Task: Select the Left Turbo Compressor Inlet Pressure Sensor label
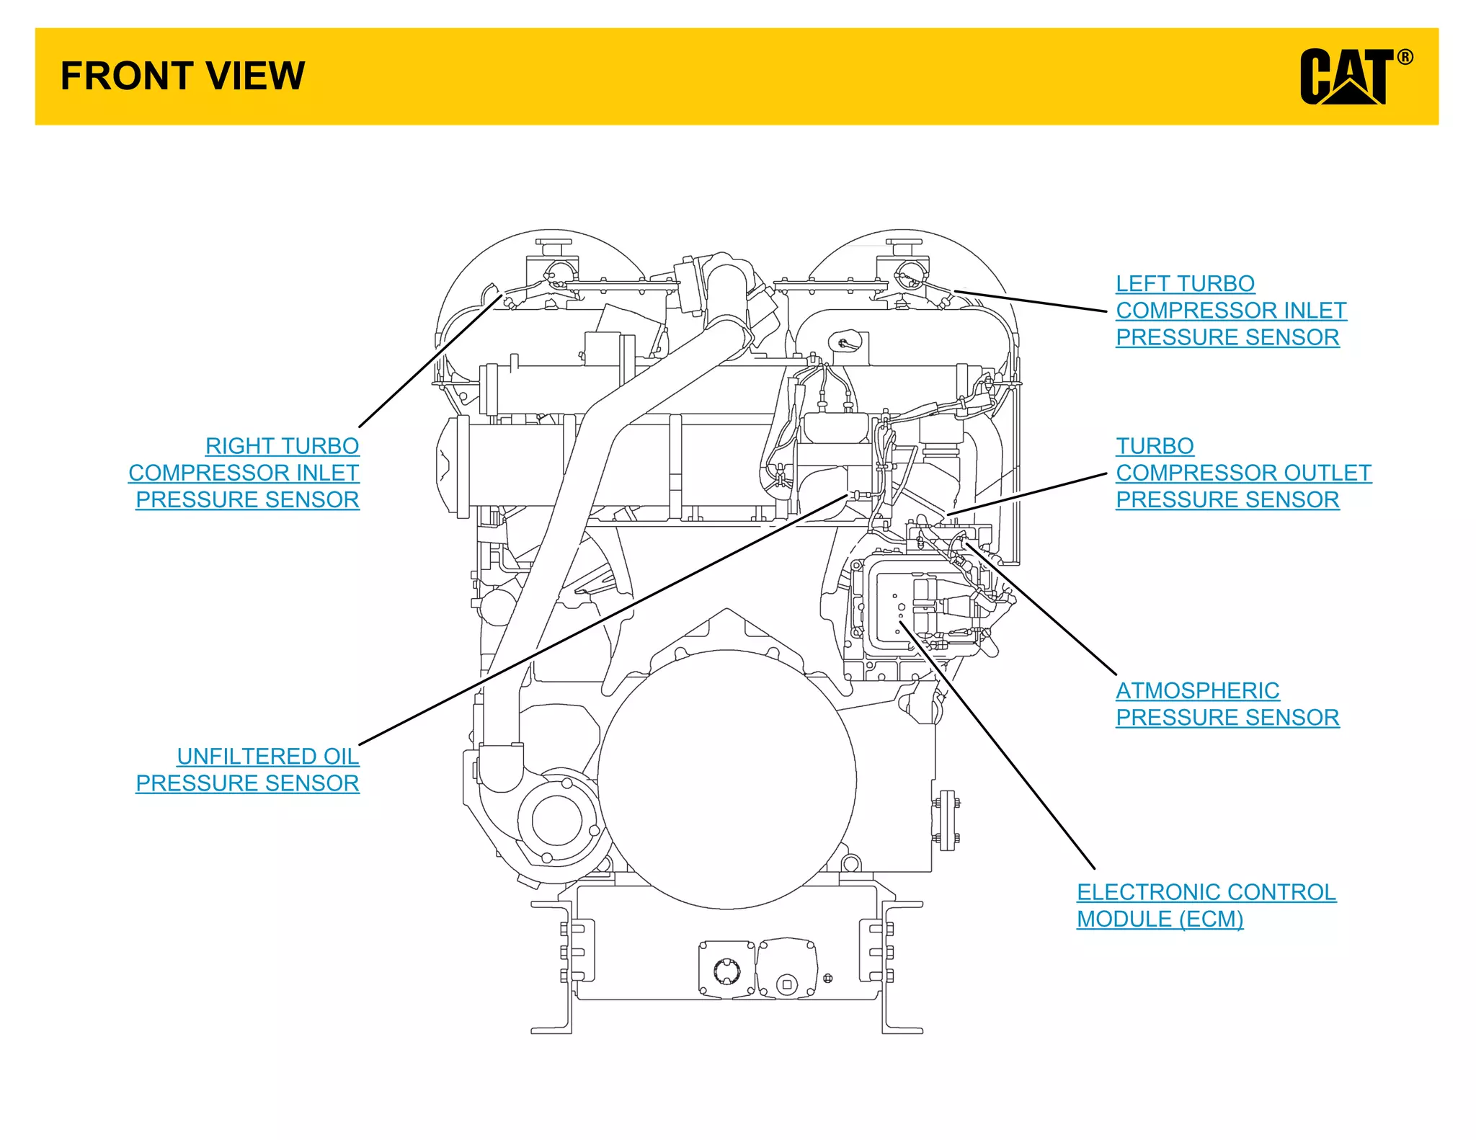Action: click(x=1230, y=311)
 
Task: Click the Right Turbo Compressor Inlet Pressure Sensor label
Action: click(x=245, y=473)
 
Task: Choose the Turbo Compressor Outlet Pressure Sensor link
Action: click(x=1242, y=473)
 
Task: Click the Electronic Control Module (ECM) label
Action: click(x=1205, y=906)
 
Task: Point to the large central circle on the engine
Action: click(x=726, y=780)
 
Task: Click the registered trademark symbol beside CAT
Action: click(x=1405, y=58)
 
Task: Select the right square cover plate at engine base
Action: click(x=787, y=968)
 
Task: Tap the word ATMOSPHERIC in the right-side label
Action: click(x=1198, y=691)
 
